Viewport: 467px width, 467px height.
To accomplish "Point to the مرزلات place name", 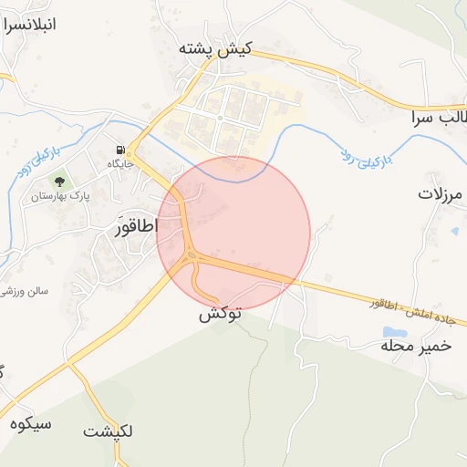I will (x=441, y=193).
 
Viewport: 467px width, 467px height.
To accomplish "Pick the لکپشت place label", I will (x=108, y=431).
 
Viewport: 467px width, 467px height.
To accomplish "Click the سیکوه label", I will (x=32, y=423).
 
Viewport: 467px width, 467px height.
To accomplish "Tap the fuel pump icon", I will (x=119, y=150).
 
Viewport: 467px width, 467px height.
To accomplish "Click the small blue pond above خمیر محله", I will (x=394, y=331).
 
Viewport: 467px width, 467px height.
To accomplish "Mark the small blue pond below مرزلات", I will (x=454, y=231).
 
